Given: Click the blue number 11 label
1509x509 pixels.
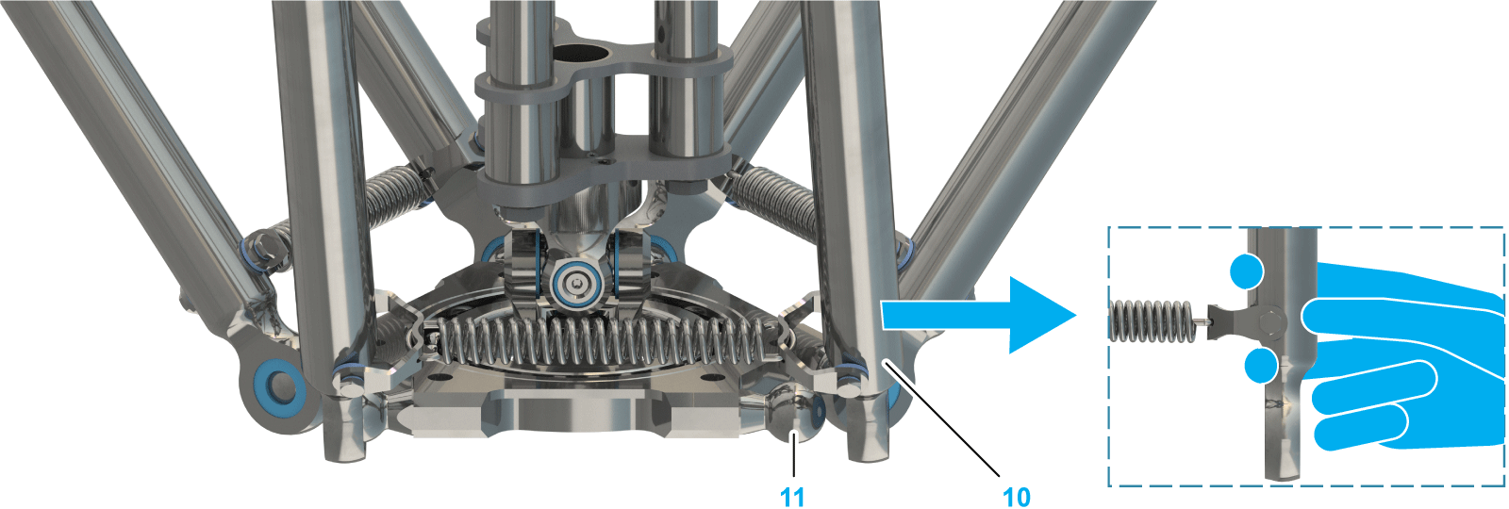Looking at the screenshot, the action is coord(792,497).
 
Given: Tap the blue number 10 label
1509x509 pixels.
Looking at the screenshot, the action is coord(1017,497).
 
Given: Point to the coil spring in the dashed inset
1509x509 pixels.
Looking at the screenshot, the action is coord(1152,320).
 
